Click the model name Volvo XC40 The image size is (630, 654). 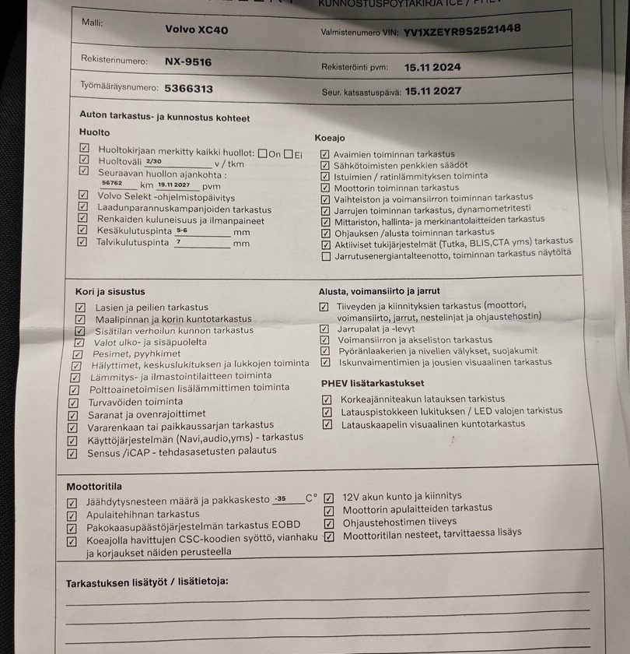pyautogui.click(x=197, y=30)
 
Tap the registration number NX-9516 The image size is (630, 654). pyautogui.click(x=187, y=62)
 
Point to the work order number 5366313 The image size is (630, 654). pyautogui.click(x=188, y=89)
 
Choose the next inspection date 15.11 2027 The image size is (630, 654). pyautogui.click(x=432, y=91)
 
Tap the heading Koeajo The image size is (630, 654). pyautogui.click(x=330, y=138)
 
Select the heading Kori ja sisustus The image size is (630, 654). pyautogui.click(x=110, y=291)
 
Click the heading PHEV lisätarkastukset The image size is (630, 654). pyautogui.click(x=373, y=383)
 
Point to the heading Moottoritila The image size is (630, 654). pyautogui.click(x=94, y=486)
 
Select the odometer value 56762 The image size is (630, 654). pyautogui.click(x=113, y=183)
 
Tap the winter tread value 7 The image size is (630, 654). pyautogui.click(x=179, y=241)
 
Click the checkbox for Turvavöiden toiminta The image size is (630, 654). pyautogui.click(x=73, y=403)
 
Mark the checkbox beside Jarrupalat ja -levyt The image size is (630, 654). pyautogui.click(x=324, y=329)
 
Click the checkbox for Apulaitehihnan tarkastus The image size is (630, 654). pyautogui.click(x=72, y=515)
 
